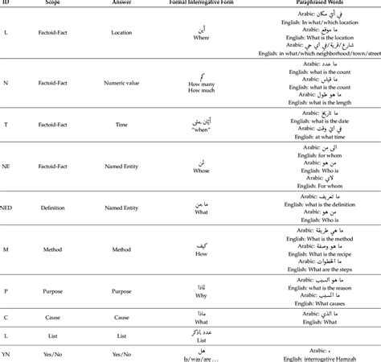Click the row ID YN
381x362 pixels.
coord(6,353)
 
